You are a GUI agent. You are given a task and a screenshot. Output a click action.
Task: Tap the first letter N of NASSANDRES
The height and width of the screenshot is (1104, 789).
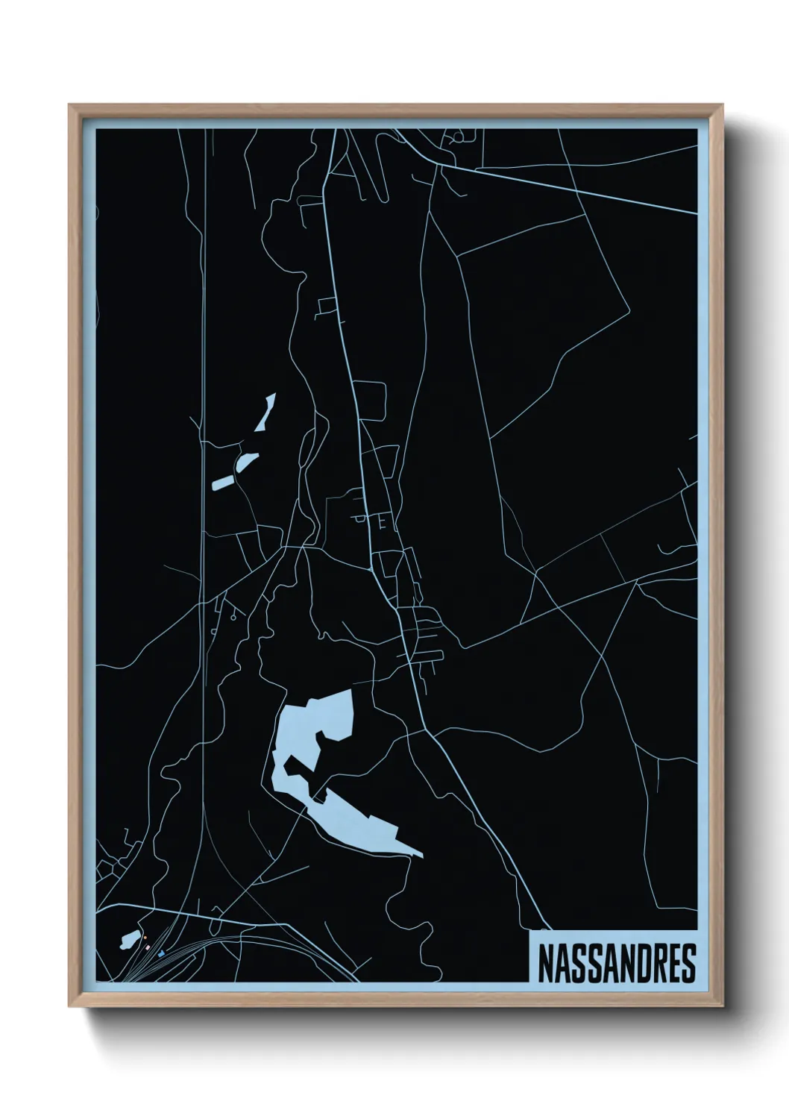[x=544, y=963]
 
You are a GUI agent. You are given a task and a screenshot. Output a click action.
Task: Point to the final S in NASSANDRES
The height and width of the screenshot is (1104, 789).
[x=688, y=963]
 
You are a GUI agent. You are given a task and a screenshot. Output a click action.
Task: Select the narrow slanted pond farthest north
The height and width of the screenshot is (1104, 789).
[x=266, y=413]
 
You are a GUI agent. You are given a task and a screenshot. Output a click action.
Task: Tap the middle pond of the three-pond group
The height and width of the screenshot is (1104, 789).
[x=247, y=462]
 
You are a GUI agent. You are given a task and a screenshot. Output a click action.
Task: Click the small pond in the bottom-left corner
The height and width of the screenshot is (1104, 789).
[x=129, y=939]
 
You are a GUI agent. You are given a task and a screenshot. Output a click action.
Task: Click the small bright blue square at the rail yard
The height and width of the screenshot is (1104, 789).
[x=161, y=953]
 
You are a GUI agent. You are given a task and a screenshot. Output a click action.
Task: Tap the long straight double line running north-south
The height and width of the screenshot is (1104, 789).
[x=202, y=373]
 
